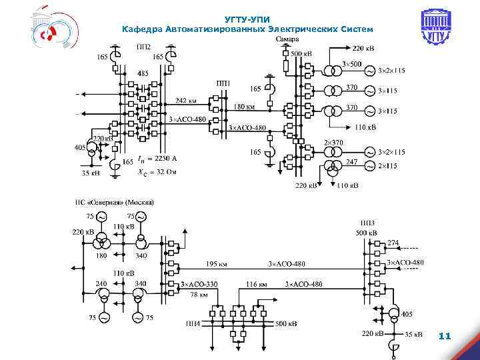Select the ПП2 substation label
[143, 47]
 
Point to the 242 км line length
[187, 100]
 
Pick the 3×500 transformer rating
[352, 64]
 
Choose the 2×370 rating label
[333, 143]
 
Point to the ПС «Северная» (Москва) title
[113, 202]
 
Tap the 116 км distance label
[257, 284]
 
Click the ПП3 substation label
[367, 223]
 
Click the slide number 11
[445, 337]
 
